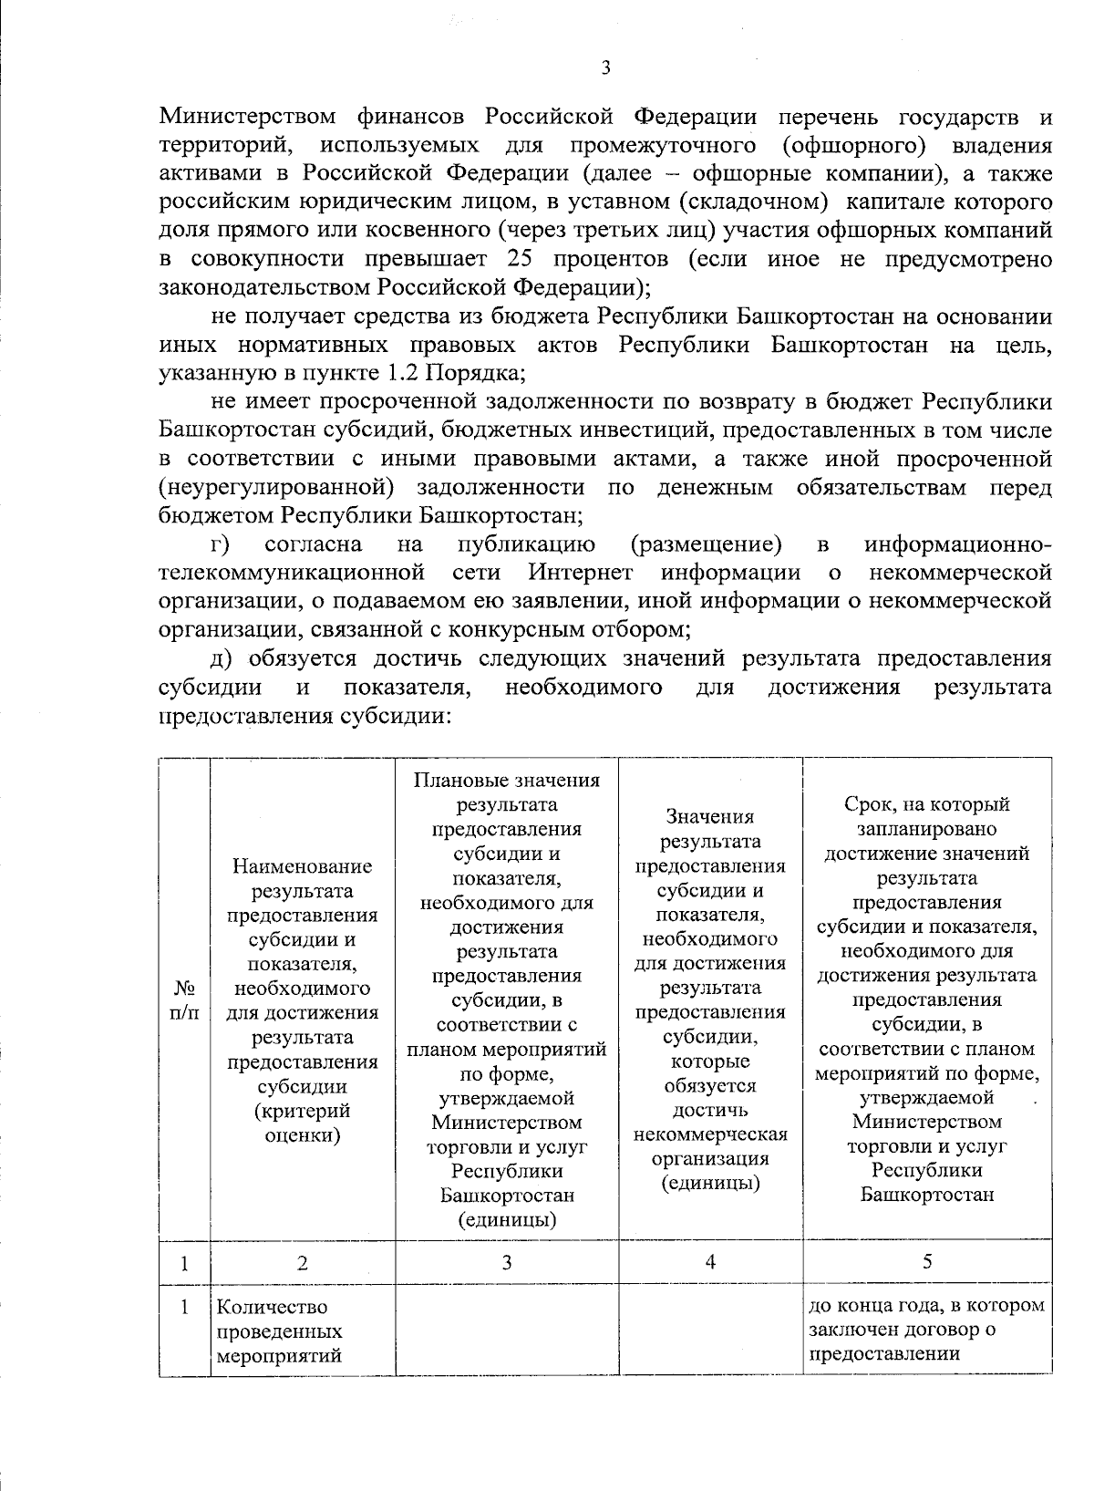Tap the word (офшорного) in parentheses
(847, 145)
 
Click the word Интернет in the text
(580, 573)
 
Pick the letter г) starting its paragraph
(219, 544)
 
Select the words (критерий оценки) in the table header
(303, 1123)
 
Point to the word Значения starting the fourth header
(710, 817)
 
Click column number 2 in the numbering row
(303, 1263)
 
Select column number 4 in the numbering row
(710, 1263)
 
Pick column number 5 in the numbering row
(926, 1263)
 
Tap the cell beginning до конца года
(926, 1330)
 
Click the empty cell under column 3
(506, 1331)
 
